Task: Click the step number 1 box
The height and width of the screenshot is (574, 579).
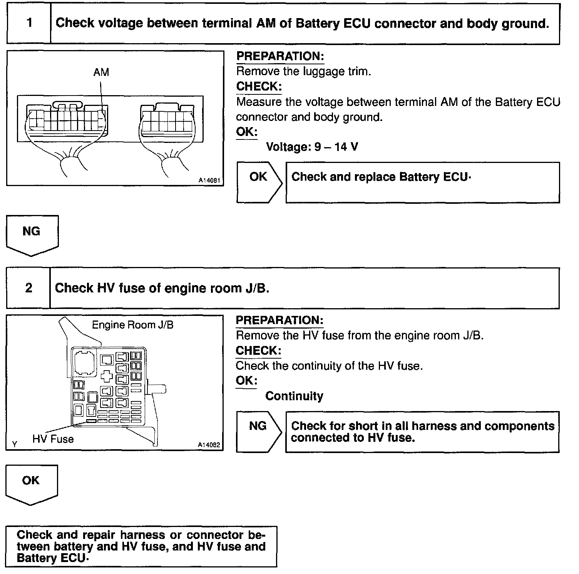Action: [x=29, y=23]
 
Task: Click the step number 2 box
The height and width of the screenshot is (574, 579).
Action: [x=29, y=288]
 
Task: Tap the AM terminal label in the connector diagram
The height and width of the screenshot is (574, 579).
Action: [x=101, y=72]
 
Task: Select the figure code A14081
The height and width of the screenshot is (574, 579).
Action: [x=209, y=180]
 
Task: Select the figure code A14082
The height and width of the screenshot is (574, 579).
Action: [x=209, y=445]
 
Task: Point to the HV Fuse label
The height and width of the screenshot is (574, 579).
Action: [x=53, y=439]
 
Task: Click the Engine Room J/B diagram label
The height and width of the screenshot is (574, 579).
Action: [x=132, y=325]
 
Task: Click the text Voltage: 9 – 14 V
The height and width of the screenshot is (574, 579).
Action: [x=312, y=147]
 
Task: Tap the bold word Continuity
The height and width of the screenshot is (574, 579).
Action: [x=294, y=396]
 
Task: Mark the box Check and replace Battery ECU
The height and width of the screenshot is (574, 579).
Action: [x=422, y=182]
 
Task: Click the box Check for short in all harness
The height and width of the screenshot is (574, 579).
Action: [x=422, y=431]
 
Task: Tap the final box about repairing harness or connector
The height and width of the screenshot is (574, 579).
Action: [x=141, y=546]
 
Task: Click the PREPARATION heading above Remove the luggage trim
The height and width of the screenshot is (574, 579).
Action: [x=280, y=56]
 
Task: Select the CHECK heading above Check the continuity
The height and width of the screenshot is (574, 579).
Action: [x=258, y=351]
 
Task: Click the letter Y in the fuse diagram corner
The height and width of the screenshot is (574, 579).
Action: [x=15, y=444]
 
